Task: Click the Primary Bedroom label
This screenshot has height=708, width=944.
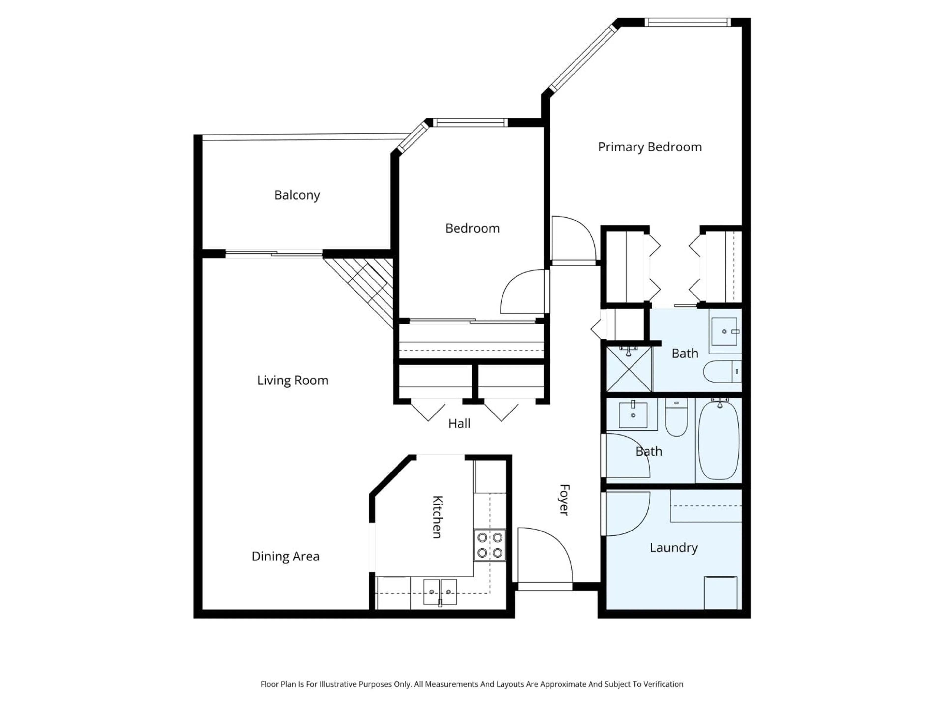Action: (649, 147)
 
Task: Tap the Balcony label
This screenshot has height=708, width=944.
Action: (297, 195)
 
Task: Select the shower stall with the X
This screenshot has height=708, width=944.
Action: (629, 369)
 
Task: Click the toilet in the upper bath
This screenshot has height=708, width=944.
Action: (722, 371)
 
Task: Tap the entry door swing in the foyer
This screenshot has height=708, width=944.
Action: (544, 555)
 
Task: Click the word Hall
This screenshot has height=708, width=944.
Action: (459, 424)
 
